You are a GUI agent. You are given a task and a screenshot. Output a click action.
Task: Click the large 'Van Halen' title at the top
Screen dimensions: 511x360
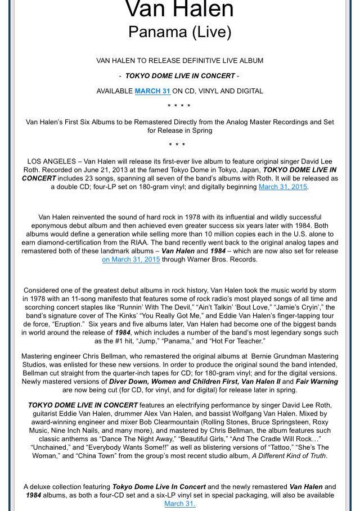[179, 9]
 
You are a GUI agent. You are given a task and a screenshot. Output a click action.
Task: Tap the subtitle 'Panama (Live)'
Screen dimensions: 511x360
[179, 31]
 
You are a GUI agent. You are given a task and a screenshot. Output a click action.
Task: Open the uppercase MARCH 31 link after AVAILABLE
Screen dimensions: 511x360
[152, 91]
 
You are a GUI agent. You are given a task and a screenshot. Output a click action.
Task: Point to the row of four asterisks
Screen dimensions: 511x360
[179, 106]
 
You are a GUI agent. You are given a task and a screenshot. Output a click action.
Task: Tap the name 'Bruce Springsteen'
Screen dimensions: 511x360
[276, 422]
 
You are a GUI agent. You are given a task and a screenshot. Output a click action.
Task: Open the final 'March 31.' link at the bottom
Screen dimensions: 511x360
[179, 504]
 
